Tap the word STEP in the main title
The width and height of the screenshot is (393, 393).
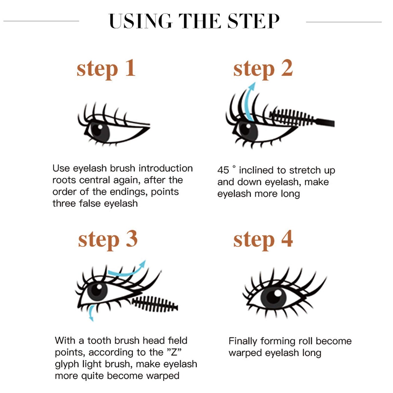point(253,21)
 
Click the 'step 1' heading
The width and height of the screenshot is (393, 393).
point(106,68)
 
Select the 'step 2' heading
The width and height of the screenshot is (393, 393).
point(263,68)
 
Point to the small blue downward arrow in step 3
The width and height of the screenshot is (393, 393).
point(92,313)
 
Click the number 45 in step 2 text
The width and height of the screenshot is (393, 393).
point(223,170)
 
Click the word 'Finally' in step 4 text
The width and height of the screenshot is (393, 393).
point(243,341)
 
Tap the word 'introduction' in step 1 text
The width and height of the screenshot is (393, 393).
point(166,168)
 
